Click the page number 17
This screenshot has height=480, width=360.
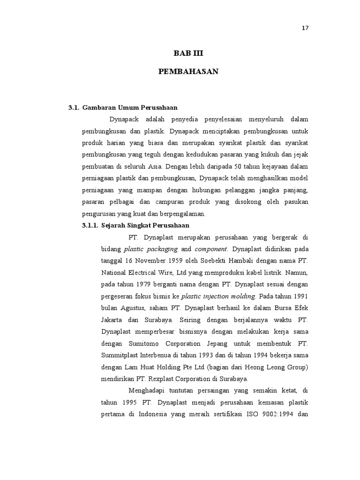click(305, 28)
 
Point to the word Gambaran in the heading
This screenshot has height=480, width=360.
click(97, 107)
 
